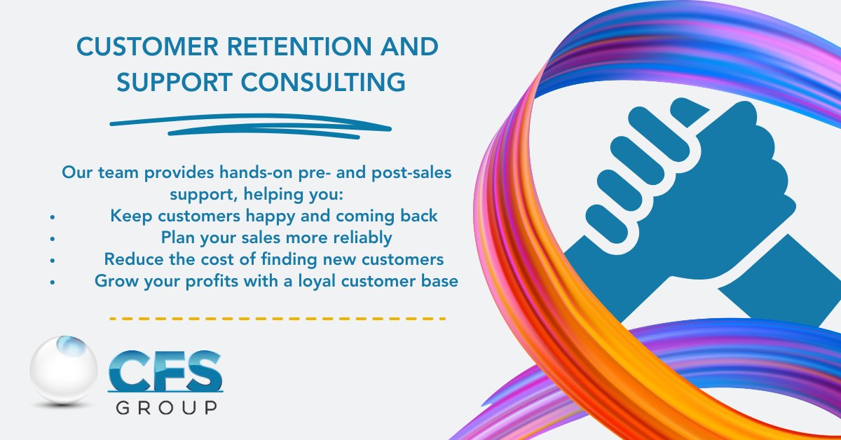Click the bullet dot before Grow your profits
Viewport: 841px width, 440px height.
click(x=53, y=283)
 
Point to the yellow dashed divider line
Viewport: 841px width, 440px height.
click(x=278, y=319)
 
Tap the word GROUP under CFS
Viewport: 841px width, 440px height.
click(x=166, y=408)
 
